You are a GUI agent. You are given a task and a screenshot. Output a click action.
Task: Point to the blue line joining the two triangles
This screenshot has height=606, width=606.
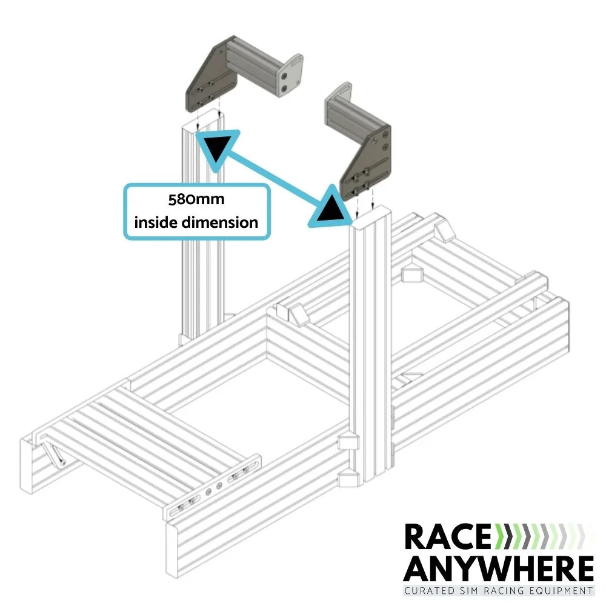(273, 176)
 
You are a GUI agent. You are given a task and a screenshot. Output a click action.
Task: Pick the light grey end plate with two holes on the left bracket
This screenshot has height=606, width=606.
(289, 76)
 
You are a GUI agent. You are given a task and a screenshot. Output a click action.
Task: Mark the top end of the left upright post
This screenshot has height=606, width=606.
(202, 121)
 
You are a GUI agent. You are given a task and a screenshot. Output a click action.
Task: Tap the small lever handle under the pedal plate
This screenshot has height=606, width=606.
(55, 454)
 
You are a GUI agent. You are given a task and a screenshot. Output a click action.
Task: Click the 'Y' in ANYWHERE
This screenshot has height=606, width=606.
(468, 570)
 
